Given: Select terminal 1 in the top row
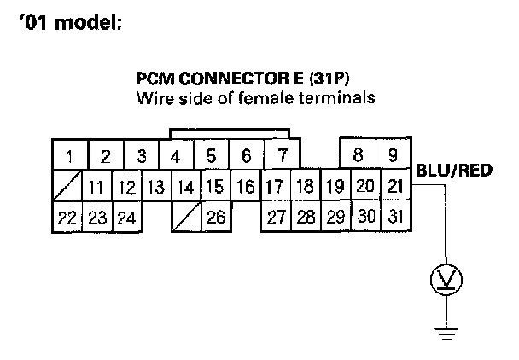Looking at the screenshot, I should (x=68, y=156).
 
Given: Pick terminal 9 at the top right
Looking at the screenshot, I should (x=394, y=156).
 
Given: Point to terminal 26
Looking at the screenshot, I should (x=217, y=217).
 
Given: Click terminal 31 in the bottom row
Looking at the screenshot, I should (x=394, y=217).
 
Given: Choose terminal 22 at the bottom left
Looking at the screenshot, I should (x=67, y=217).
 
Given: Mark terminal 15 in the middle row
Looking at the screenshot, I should (x=215, y=186).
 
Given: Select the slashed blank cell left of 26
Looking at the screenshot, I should (x=186, y=217).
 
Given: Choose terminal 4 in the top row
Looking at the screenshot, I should (x=175, y=156).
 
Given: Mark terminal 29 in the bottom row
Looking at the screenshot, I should (x=335, y=217).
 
